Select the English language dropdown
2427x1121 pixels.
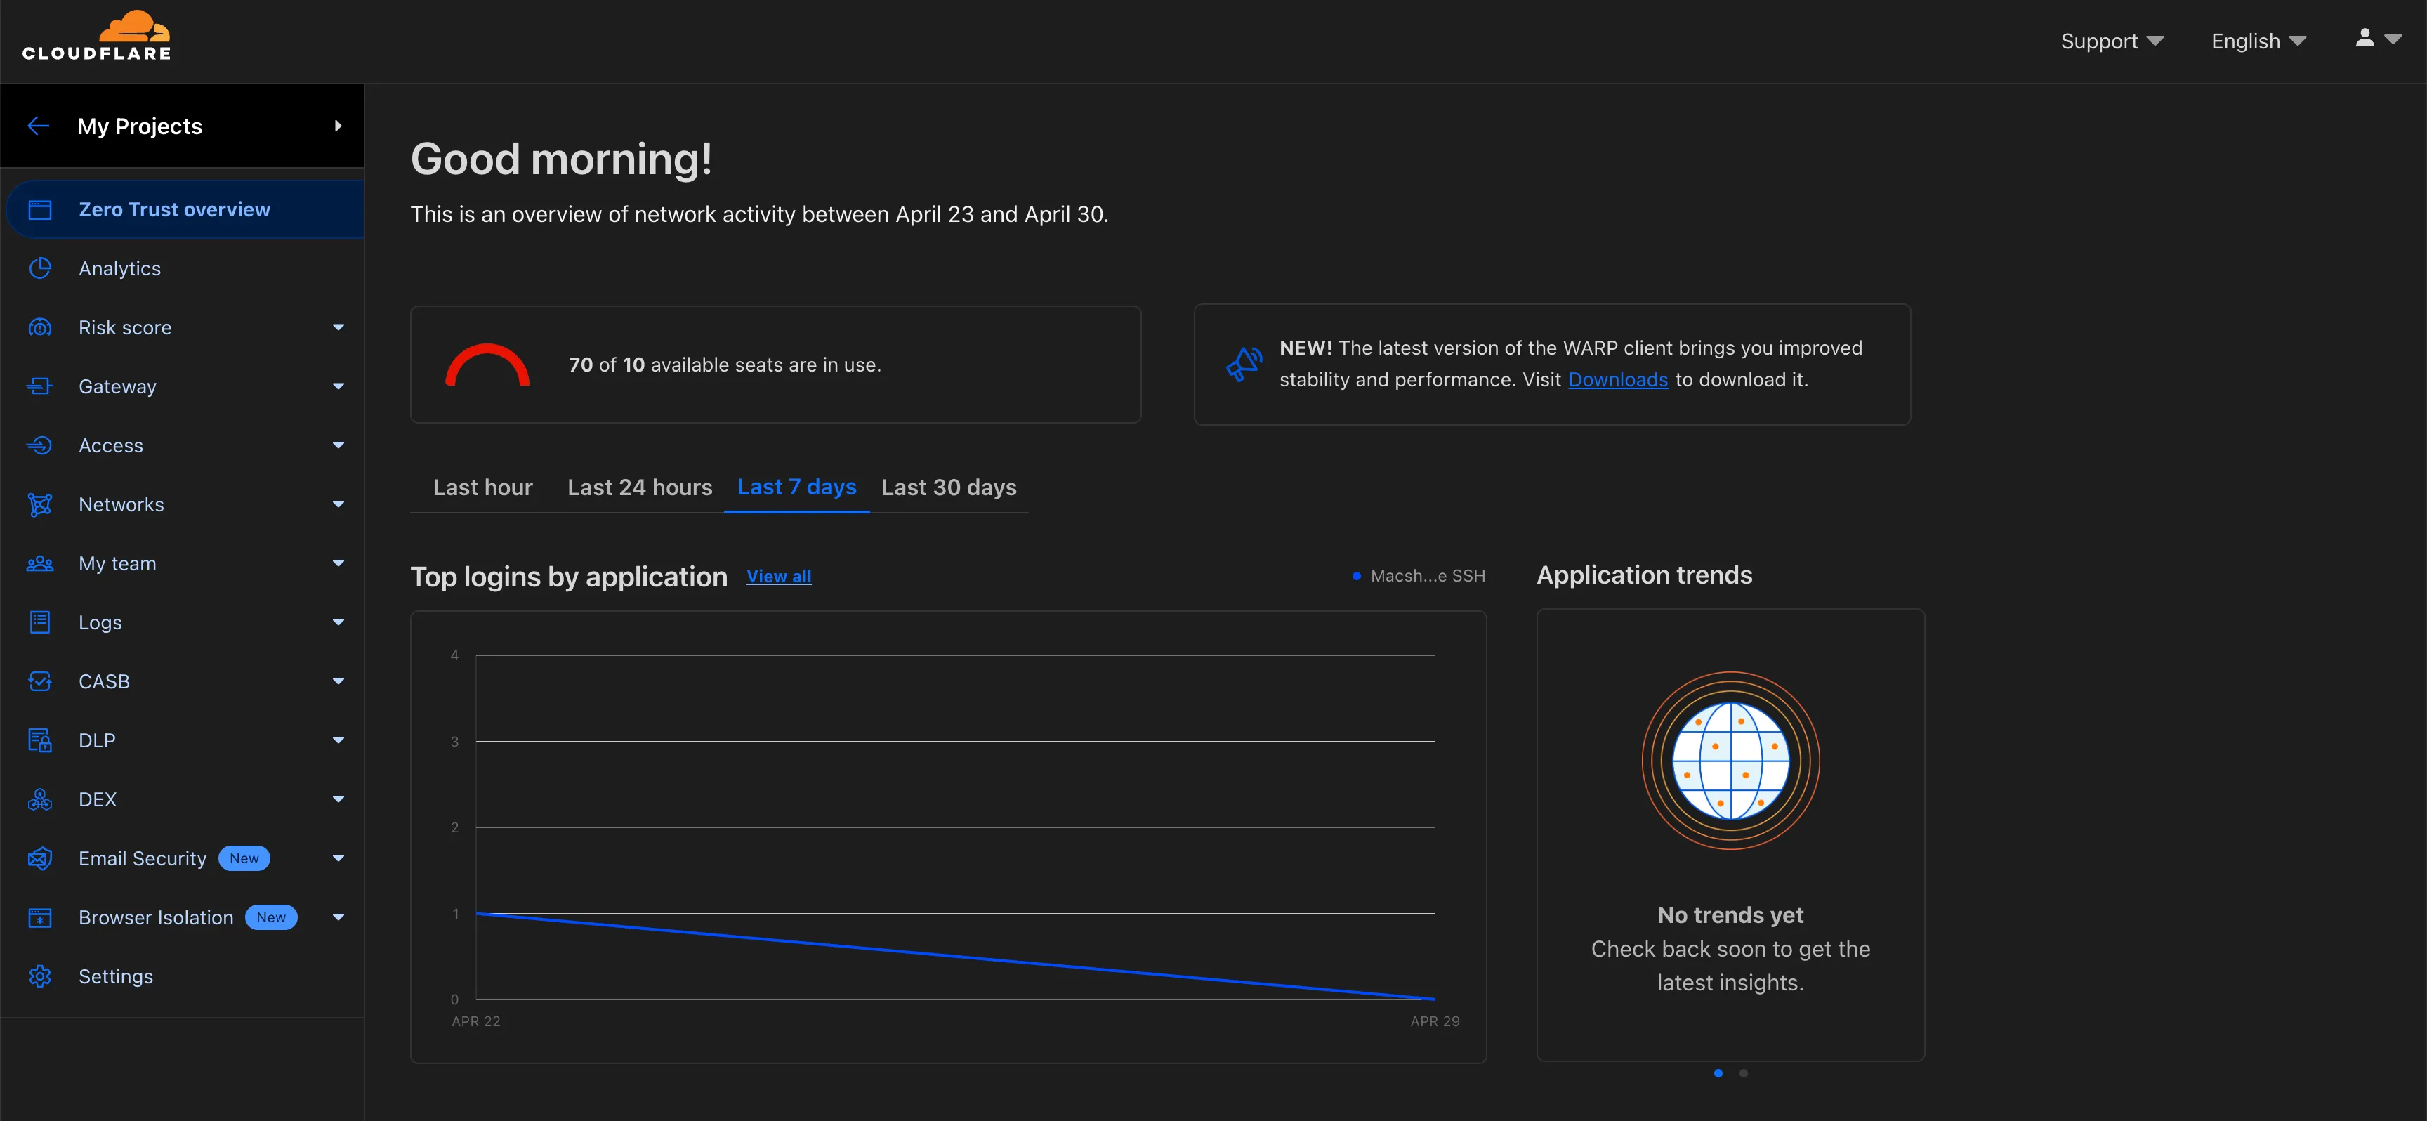click(2258, 41)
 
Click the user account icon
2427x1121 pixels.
click(2364, 38)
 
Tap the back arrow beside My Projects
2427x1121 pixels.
click(39, 126)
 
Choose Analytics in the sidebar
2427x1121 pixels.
click(119, 268)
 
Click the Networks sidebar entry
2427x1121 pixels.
click(121, 505)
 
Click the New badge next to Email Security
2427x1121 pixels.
click(244, 858)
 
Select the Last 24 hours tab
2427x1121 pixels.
click(640, 487)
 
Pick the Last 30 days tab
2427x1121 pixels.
click(949, 487)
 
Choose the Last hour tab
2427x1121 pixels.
click(482, 487)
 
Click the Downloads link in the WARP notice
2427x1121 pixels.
click(1617, 379)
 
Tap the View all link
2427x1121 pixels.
click(778, 577)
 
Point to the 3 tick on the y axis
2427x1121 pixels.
click(455, 742)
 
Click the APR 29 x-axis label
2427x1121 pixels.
click(1434, 1021)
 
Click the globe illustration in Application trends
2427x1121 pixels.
click(1730, 760)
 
